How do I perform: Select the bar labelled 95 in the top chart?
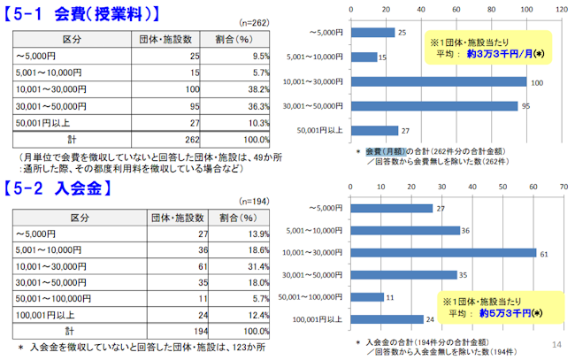pyautogui.click(x=434, y=106)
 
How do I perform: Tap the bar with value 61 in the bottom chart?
pyautogui.click(x=443, y=252)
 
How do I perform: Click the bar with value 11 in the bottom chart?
pyautogui.click(x=367, y=297)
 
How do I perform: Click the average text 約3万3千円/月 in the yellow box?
pyautogui.click(x=504, y=53)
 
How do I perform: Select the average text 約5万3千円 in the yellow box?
pyautogui.click(x=509, y=312)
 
